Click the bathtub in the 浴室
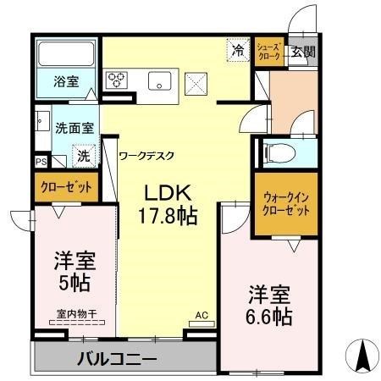[66, 53]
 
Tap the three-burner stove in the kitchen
[117, 80]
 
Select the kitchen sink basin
[159, 80]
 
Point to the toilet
[279, 153]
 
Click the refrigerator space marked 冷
[239, 50]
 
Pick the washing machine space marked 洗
[84, 156]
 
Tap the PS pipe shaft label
[41, 162]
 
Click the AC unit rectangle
[202, 323]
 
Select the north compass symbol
[362, 356]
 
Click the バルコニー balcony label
[117, 359]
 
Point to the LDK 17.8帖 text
[168, 204]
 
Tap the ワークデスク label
[146, 156]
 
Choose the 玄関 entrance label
[303, 52]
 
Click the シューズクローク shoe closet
[269, 52]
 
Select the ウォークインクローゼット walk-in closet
[286, 204]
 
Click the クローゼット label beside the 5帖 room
[66, 187]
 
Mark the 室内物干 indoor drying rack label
[77, 314]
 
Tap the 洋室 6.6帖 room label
[269, 306]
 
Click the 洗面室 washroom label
[75, 129]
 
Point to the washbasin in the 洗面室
[42, 121]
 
